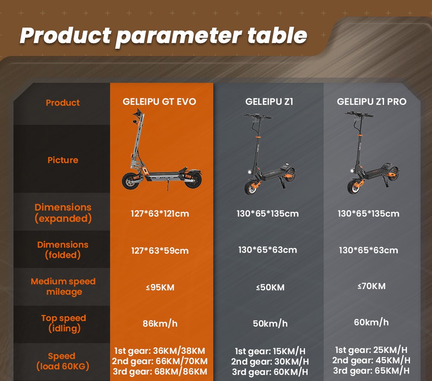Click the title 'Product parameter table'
[x=163, y=35]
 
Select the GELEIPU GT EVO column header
[x=159, y=102]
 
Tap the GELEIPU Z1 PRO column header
[x=372, y=102]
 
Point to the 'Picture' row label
[x=63, y=160]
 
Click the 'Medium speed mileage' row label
[x=63, y=287]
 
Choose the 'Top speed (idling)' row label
[x=64, y=323]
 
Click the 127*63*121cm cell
[x=160, y=214]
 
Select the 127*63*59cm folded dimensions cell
[x=160, y=251]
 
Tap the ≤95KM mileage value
[x=160, y=287]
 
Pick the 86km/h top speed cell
[x=160, y=323]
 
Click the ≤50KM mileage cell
[x=270, y=287]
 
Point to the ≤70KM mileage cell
[x=372, y=286]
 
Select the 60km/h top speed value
[x=372, y=322]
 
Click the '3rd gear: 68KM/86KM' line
[x=159, y=372]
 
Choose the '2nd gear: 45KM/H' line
[x=371, y=360]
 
